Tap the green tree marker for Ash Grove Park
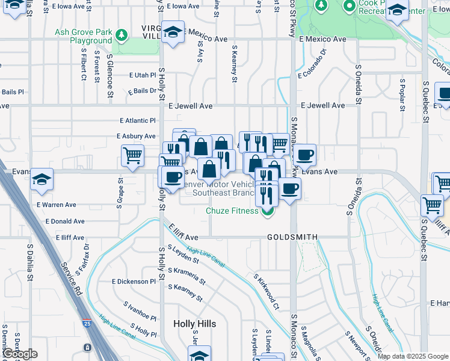122,36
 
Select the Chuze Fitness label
232,211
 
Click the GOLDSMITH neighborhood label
292,238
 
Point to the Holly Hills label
194,324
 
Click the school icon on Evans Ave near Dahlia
42,179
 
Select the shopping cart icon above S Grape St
132,156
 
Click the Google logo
20,354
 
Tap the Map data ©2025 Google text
413,356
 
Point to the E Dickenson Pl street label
134,282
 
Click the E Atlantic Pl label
138,121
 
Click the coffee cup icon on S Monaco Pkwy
304,155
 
